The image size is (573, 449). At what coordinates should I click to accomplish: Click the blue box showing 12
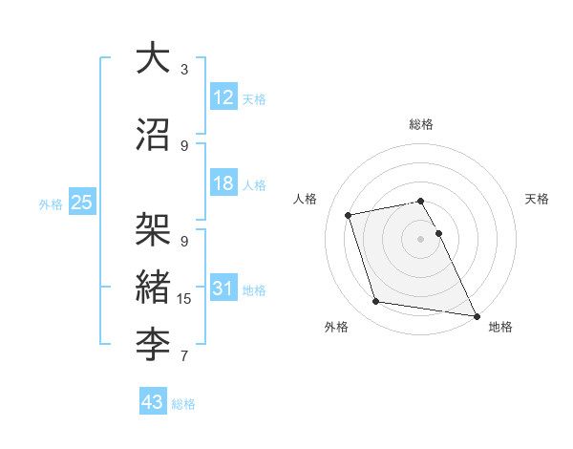point(223,97)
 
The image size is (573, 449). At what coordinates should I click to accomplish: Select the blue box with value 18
point(223,184)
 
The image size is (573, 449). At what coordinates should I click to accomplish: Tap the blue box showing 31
point(223,289)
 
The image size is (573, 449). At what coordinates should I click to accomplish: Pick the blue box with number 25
point(81,203)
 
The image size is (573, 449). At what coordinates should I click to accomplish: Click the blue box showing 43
point(153,402)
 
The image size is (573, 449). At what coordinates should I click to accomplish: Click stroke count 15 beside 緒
point(184,299)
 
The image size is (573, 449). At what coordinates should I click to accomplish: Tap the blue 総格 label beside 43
point(183,404)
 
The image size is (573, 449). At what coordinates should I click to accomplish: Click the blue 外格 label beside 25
point(51,203)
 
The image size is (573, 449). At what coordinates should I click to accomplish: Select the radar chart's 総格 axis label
point(421,124)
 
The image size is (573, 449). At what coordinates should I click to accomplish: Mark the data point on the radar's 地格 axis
point(476,315)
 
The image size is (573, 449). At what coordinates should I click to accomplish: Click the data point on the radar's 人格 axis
point(349,215)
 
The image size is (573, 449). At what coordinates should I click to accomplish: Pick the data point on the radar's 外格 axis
point(376,302)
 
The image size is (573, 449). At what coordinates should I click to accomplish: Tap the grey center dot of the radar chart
point(421,239)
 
